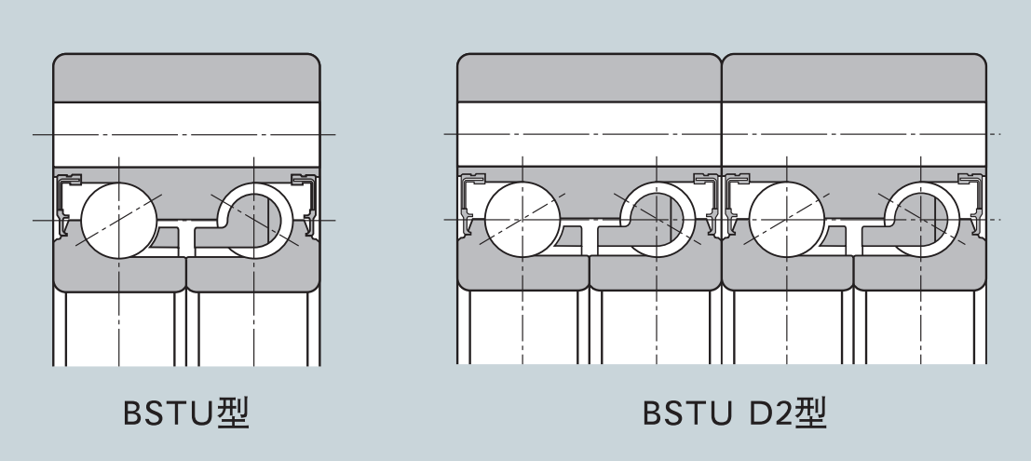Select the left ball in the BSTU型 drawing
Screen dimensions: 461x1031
tap(119, 221)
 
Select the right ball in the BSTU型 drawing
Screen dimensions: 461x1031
tap(256, 222)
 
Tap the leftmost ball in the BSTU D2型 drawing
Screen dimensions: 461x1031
tap(522, 221)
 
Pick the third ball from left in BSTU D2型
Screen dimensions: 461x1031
tap(786, 221)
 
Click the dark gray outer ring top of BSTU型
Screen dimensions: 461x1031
tap(187, 78)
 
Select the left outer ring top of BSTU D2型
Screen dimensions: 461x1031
tap(589, 78)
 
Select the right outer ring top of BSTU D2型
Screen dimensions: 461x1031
tap(853, 78)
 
